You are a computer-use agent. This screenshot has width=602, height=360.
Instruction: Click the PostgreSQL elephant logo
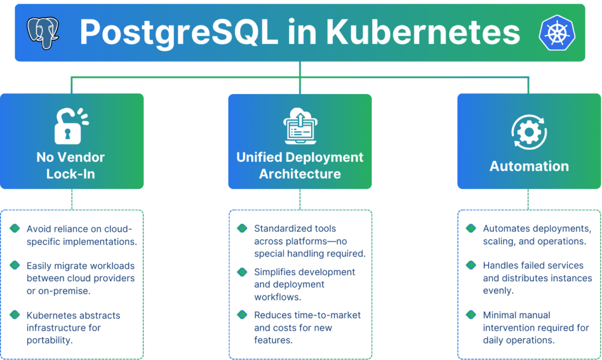coord(43,32)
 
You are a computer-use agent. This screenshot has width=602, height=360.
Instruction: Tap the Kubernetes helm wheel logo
coord(556,32)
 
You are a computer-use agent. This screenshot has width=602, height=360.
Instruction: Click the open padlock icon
coord(71,126)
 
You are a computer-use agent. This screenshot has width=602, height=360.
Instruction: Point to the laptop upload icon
coord(300,126)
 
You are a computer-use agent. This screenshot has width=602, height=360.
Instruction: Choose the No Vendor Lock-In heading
coord(71,165)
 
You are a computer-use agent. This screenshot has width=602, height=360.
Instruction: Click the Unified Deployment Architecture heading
coord(300,165)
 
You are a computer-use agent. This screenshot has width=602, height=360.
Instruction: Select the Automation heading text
coord(529,166)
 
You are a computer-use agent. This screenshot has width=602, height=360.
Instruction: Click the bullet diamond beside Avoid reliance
coord(15,228)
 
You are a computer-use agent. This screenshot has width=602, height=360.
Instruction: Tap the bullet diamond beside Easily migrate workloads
coord(15,265)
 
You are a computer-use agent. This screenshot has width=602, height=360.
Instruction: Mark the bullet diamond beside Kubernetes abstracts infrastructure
coord(15,315)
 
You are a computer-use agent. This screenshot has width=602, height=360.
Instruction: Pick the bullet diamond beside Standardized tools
coord(242,228)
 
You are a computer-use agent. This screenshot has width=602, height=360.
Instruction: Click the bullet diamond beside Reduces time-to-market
coord(242,315)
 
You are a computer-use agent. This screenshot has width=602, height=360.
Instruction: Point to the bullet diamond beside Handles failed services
coord(471,265)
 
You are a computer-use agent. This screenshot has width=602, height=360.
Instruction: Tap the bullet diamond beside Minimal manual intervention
coord(471,315)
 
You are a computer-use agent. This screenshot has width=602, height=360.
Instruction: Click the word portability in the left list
coord(50,340)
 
